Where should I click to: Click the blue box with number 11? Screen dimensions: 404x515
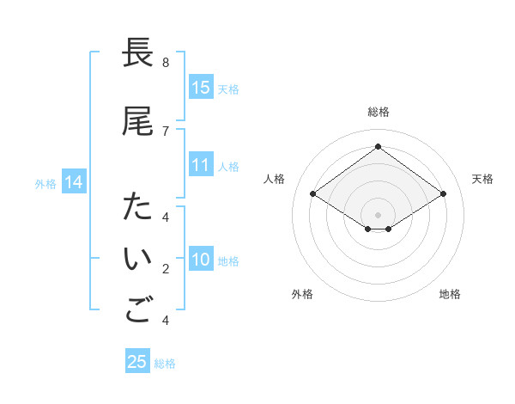tap(201, 165)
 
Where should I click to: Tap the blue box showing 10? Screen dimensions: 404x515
tap(201, 260)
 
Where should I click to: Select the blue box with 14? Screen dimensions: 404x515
tap(74, 182)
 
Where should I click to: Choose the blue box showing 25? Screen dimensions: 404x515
tap(137, 362)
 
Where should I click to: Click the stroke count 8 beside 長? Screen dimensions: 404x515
tap(166, 63)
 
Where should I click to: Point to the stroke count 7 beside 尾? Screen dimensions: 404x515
tap(166, 131)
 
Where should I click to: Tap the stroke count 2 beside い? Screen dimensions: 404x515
tap(166, 270)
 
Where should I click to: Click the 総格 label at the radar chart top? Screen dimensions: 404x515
tap(378, 112)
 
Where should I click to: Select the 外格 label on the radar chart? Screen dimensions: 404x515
tap(302, 294)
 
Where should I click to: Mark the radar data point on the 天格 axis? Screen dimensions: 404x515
tap(443, 194)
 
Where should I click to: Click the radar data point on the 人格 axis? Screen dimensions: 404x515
tap(313, 194)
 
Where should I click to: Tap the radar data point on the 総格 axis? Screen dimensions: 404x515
tap(378, 147)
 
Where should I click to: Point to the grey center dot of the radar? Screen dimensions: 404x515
tap(378, 214)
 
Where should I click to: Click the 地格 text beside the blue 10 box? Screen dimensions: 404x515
tap(229, 261)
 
